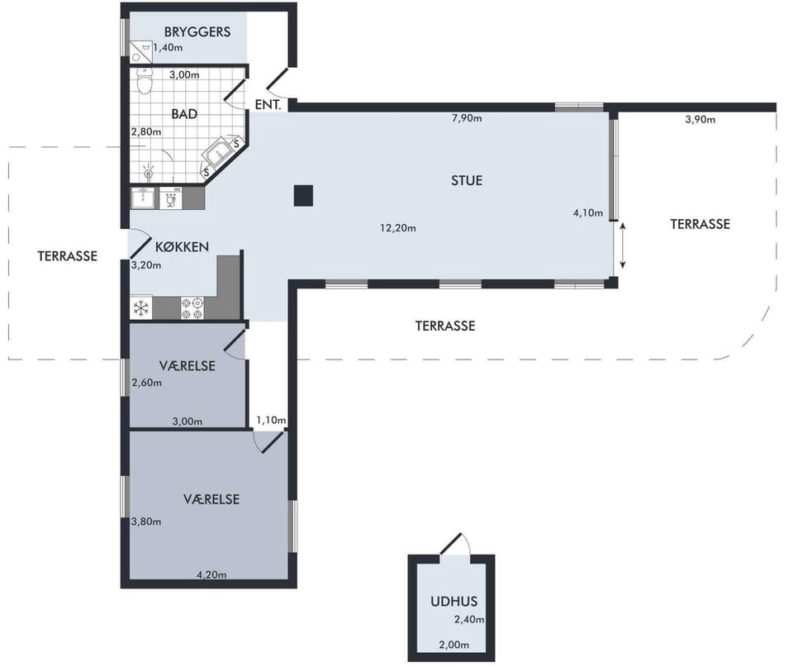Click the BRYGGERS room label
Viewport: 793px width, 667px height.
(197, 32)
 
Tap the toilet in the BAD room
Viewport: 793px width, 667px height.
(145, 82)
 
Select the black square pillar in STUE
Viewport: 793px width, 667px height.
(303, 195)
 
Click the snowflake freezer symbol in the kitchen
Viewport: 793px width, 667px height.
(141, 307)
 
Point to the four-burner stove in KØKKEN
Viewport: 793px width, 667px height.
(192, 308)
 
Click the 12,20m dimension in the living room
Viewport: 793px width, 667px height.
(398, 228)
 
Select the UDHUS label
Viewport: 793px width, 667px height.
(454, 601)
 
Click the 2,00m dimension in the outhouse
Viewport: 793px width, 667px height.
(454, 645)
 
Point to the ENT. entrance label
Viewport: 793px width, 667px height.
(268, 105)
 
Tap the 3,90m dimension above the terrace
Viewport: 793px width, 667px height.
(700, 120)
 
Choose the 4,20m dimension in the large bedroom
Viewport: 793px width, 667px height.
(211, 575)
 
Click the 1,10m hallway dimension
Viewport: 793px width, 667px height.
(271, 420)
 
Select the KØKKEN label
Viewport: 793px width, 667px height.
(182, 247)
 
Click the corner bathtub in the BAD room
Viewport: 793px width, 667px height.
(221, 154)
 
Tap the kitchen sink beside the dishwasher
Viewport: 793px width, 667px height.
(143, 198)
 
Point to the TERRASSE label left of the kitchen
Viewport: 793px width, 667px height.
(67, 256)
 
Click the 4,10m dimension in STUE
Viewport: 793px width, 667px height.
(587, 213)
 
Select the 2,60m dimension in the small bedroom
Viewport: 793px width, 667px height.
(147, 383)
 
